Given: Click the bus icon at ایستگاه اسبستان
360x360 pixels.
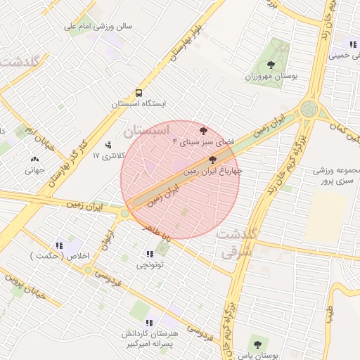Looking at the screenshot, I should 139,92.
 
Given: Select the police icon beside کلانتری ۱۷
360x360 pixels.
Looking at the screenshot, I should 108,145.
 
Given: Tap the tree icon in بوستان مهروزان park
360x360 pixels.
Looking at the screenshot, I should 271,65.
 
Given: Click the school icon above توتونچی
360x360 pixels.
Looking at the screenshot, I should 149,254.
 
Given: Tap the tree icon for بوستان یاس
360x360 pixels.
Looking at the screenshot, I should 257,345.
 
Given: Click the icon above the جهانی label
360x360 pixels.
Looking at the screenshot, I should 35,159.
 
